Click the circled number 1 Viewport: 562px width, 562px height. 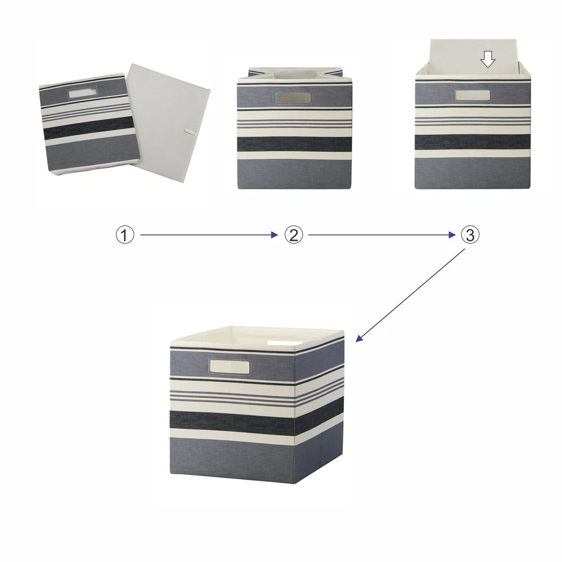coord(125,235)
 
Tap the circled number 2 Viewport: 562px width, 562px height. coord(293,235)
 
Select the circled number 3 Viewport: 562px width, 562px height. coord(470,235)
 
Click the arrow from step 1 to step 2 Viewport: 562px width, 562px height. coord(209,235)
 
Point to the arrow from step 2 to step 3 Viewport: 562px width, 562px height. coord(382,235)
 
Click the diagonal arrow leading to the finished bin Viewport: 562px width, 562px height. coord(410,295)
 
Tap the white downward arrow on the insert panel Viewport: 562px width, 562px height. coord(488,59)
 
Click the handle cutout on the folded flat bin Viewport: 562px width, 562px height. coord(83,93)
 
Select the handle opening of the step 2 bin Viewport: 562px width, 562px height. coord(294,98)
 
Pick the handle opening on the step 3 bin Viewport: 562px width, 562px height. coord(473,96)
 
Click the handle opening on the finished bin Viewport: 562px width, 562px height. coord(229,367)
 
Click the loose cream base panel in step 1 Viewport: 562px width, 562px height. coord(168,123)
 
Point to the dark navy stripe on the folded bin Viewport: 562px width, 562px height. coord(89,128)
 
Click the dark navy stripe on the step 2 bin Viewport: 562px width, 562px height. coord(294,144)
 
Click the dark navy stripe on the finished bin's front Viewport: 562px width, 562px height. coord(232,420)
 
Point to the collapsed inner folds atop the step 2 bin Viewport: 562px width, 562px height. coord(294,74)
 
